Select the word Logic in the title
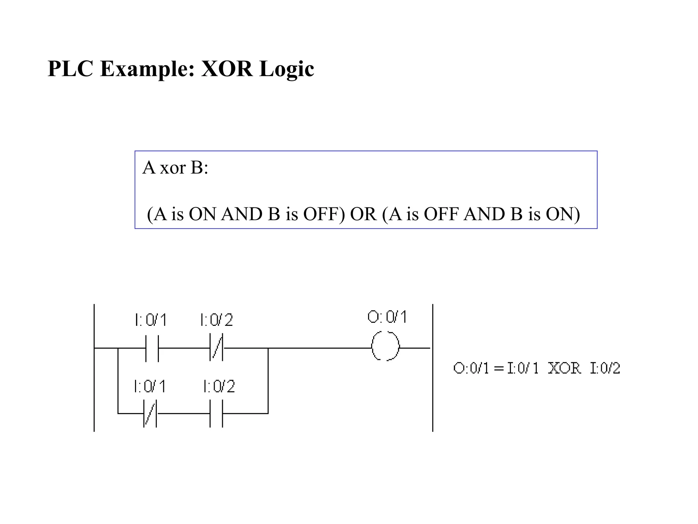tap(286, 70)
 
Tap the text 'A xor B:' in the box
tap(175, 168)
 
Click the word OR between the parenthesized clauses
tap(363, 214)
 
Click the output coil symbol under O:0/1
tap(385, 346)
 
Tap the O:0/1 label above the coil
tap(387, 317)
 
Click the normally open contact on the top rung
tap(152, 348)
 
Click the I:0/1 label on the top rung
tap(151, 320)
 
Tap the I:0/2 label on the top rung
tap(216, 320)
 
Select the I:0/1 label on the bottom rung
tap(150, 386)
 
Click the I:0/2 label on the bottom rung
tap(219, 386)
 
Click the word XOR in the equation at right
tap(564, 368)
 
